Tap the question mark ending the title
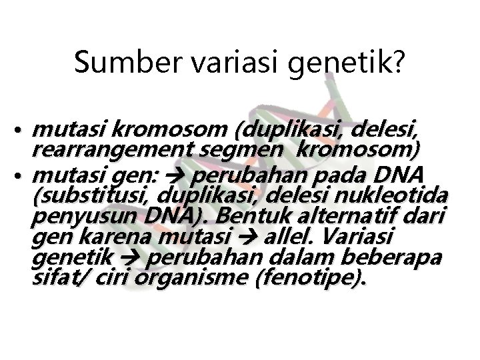[398, 63]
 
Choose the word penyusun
[72, 217]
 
